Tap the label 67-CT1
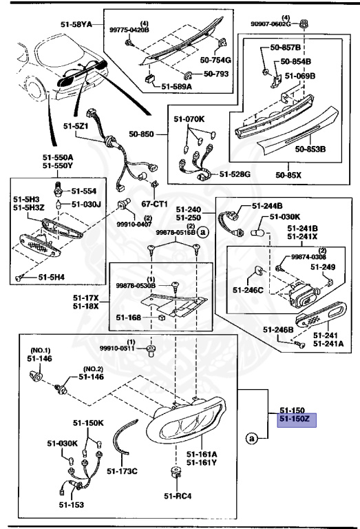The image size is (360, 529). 156,205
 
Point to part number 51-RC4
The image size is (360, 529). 177,496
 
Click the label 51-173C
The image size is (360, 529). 123,471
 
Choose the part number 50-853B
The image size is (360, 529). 310,148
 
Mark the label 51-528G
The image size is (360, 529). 235,174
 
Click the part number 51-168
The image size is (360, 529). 129,318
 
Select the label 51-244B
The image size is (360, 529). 267,205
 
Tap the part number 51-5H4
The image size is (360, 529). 52,277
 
